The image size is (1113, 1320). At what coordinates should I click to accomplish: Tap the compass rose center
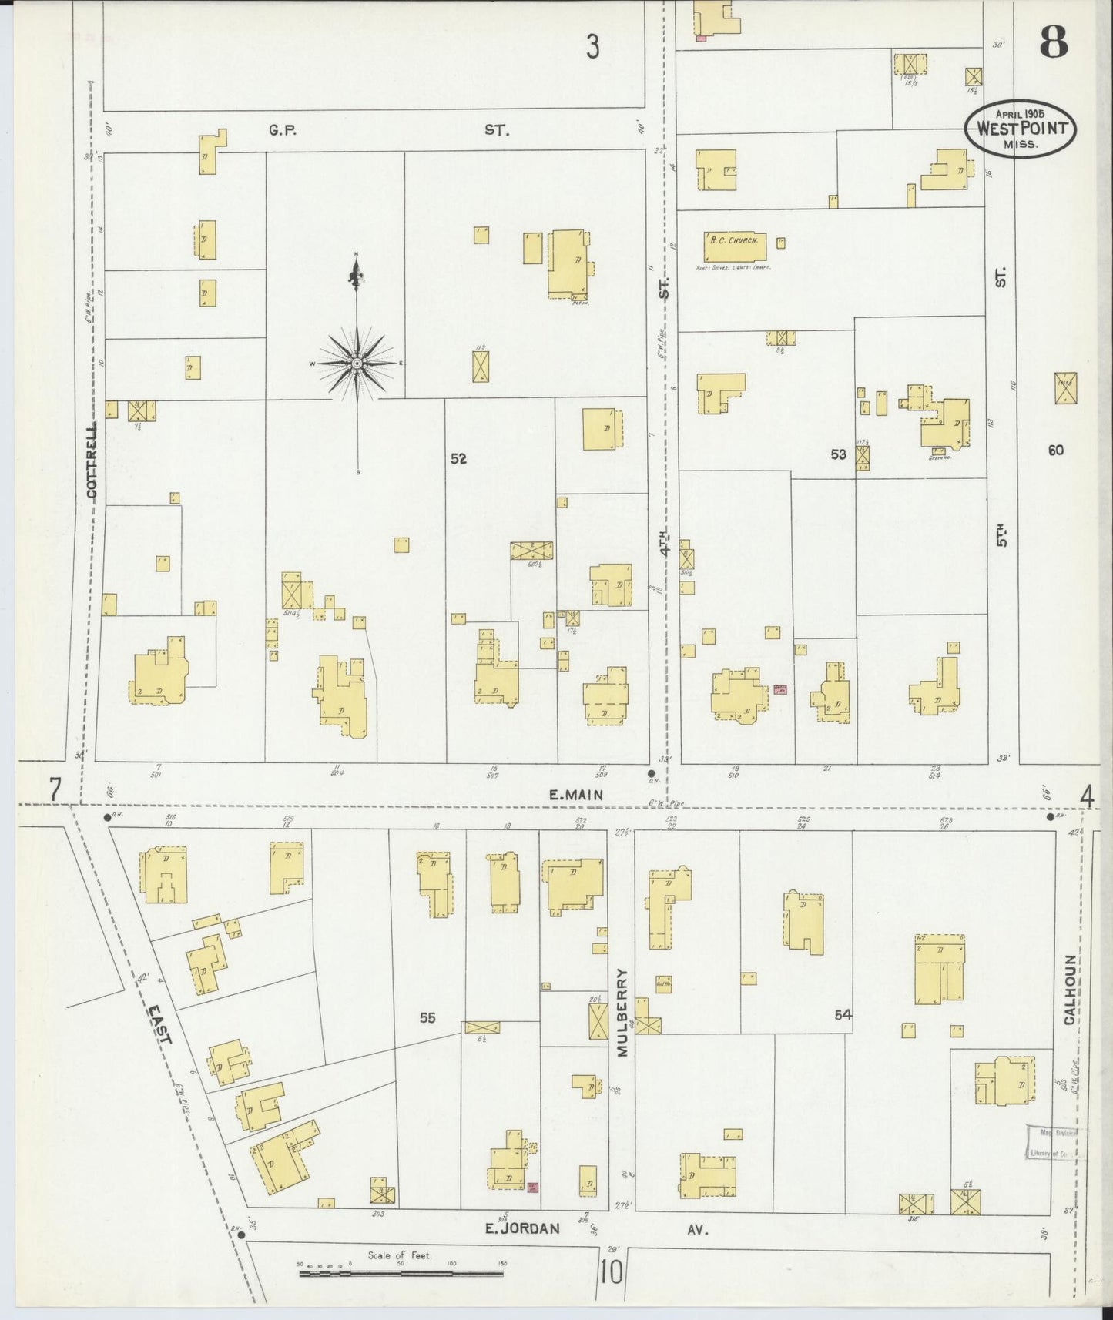pos(357,363)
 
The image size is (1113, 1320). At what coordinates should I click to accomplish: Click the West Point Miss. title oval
pos(1021,128)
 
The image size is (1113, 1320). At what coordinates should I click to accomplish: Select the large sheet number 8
pos(1053,42)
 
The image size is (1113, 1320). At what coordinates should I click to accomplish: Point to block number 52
pos(458,458)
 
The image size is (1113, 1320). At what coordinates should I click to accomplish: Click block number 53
pos(838,454)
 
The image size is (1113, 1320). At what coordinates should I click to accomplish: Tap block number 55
pos(427,1017)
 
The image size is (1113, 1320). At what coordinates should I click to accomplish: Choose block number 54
pos(843,1015)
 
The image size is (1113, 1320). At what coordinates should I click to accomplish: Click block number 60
pos(1055,450)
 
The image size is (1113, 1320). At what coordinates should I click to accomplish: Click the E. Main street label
pos(575,795)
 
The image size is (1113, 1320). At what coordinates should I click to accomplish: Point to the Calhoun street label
pos(1070,990)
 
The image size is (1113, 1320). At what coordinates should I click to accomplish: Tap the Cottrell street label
pos(92,460)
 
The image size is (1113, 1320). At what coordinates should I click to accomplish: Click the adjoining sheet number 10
pos(612,1271)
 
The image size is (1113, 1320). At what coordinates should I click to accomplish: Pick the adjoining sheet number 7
pos(55,790)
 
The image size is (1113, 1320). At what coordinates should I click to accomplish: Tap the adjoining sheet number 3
pos(592,48)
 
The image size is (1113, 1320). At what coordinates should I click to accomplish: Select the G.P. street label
pos(283,131)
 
